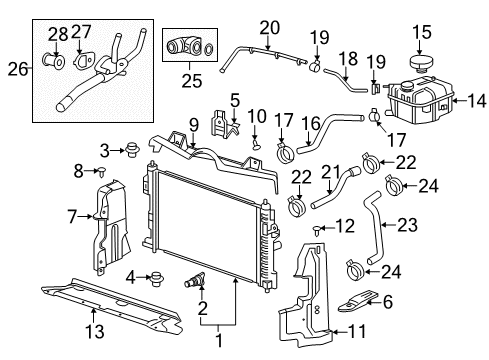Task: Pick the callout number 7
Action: (x=72, y=215)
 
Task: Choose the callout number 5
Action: (x=234, y=100)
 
